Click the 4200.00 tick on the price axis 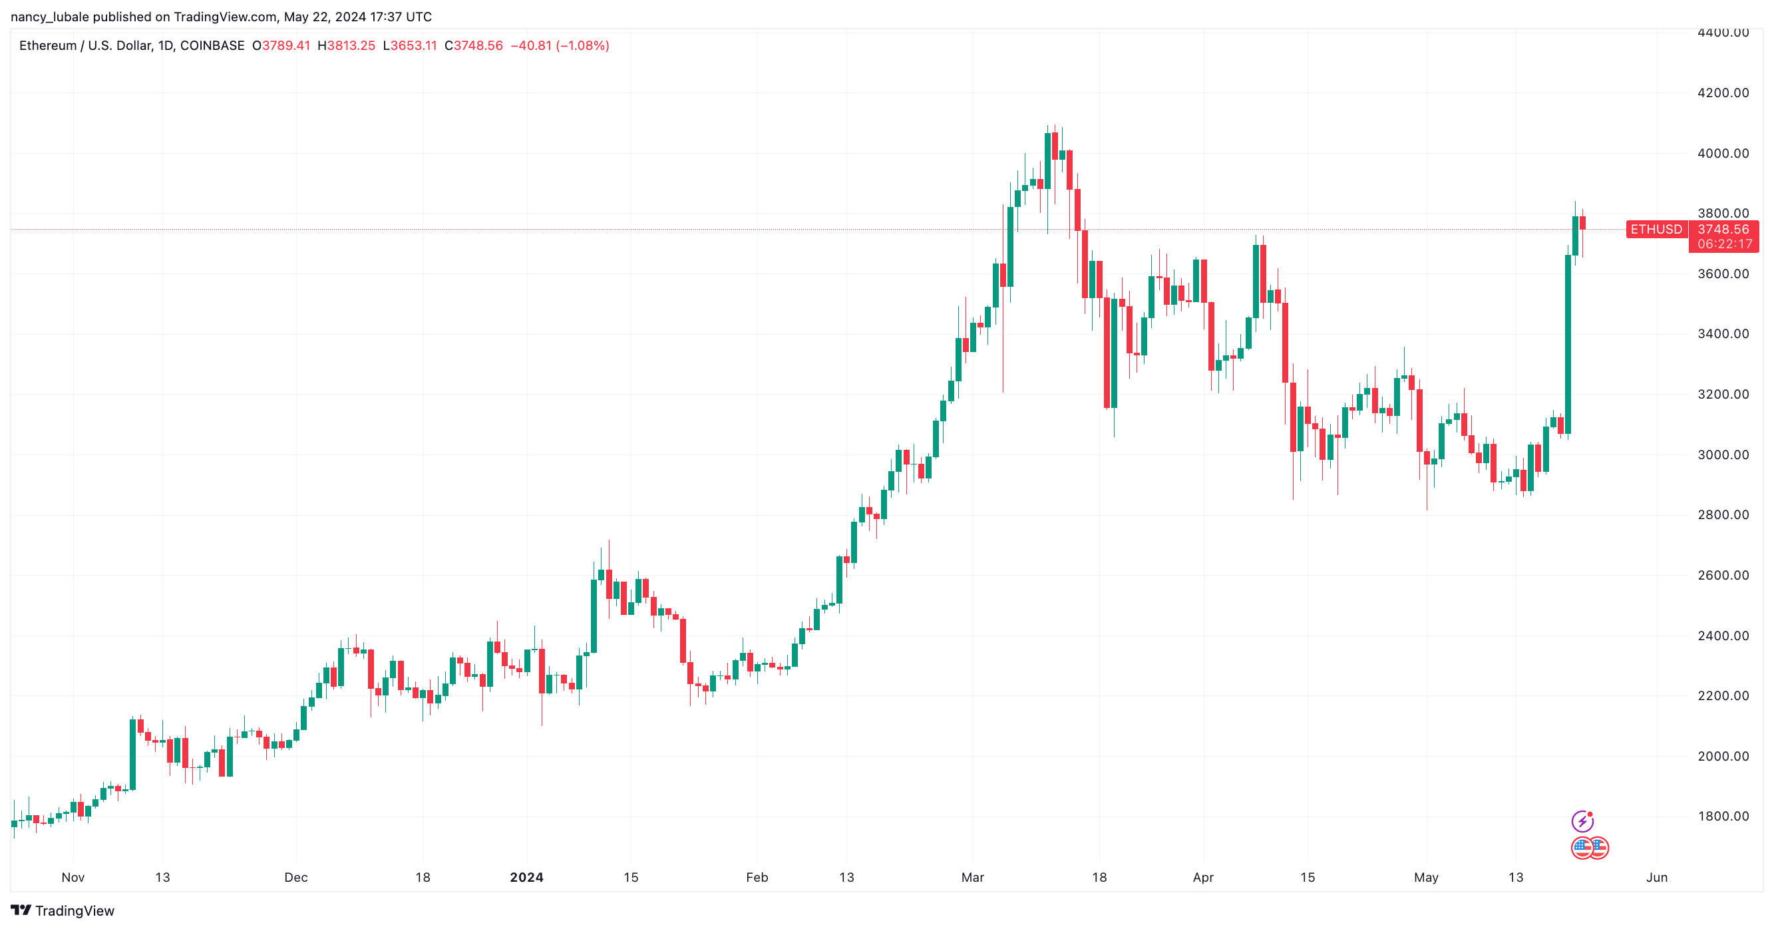[1722, 93]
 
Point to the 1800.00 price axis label [1722, 816]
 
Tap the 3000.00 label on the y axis [1722, 455]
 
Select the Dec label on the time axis [296, 877]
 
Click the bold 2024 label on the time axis [526, 877]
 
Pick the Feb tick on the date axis [757, 877]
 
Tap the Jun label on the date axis [1656, 877]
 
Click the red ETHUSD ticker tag [1656, 230]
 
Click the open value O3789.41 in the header [281, 45]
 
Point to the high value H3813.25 [347, 45]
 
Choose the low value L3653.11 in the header [410, 45]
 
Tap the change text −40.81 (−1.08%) [559, 45]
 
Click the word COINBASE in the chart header [212, 45]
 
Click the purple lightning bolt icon [1582, 821]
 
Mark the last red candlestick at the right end [1582, 223]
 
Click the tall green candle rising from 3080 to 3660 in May [1568, 344]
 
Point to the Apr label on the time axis [1203, 877]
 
